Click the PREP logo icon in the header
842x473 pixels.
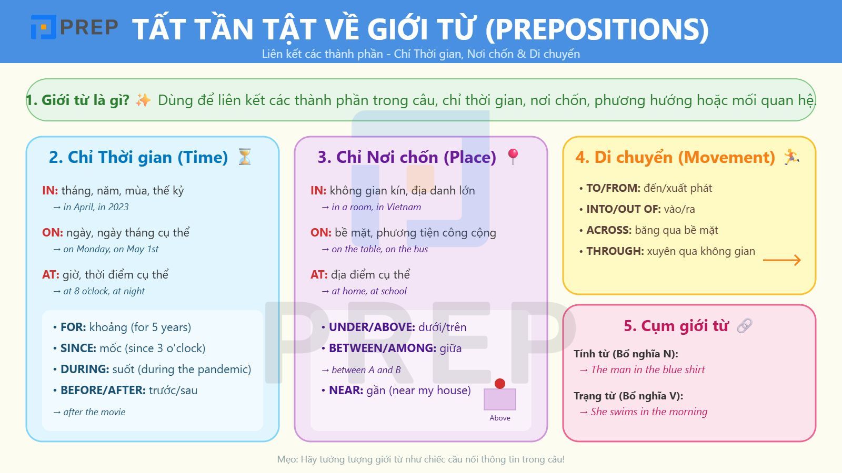pos(43,27)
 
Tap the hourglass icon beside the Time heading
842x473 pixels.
pos(245,157)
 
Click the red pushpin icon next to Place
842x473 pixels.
pos(513,157)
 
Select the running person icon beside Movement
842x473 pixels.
pos(791,157)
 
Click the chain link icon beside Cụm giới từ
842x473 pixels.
pos(745,326)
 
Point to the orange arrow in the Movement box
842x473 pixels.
pos(781,260)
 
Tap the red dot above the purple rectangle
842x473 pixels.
pos(500,384)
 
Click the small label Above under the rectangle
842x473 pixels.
pos(500,418)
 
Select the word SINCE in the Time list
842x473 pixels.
pos(78,348)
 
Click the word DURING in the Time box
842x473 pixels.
pos(85,369)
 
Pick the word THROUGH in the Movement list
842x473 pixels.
pos(615,251)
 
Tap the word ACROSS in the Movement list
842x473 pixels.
pos(608,230)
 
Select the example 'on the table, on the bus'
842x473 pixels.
pos(379,249)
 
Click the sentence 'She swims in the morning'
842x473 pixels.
pos(649,412)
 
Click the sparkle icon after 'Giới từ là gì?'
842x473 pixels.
pos(143,100)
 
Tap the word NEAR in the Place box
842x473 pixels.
pos(346,390)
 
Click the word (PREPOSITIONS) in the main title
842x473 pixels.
pos(597,29)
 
